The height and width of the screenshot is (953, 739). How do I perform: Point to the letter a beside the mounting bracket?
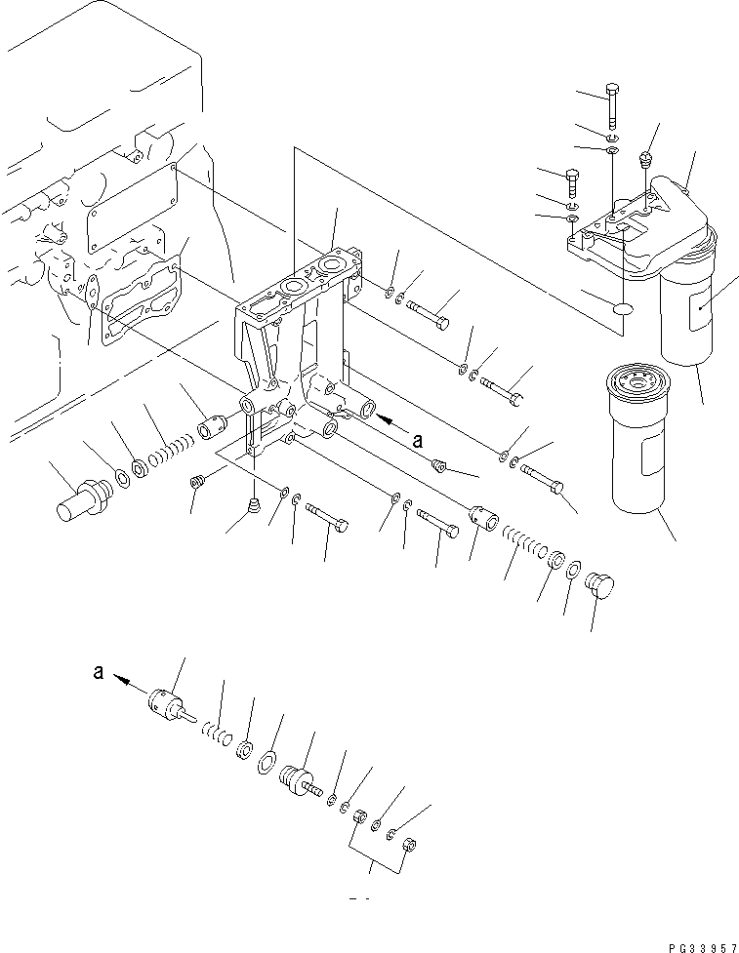coord(418,441)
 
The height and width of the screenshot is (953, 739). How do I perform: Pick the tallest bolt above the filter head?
coord(612,103)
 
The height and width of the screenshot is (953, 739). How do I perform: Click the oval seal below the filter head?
coord(622,309)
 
